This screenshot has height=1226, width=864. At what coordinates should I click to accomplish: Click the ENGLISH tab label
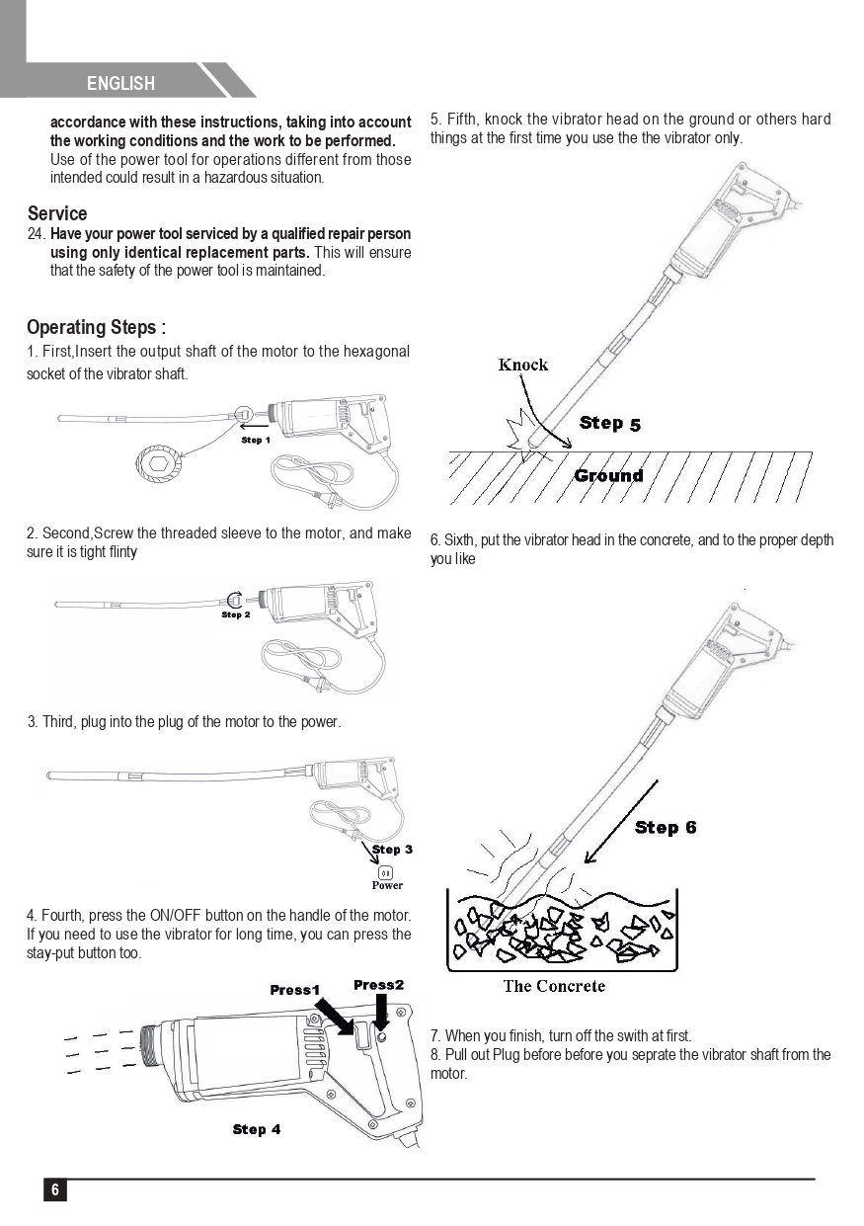point(120,84)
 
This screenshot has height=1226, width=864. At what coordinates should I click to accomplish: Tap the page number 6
point(55,1189)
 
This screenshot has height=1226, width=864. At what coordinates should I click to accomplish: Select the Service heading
point(57,213)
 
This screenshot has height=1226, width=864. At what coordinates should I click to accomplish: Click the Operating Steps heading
point(96,327)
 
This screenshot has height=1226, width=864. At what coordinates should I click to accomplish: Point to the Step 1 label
point(256,440)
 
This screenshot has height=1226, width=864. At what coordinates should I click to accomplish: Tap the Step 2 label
point(235,614)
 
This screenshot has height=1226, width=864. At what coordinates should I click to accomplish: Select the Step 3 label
point(392,849)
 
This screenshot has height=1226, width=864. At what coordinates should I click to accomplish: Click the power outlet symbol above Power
point(386,871)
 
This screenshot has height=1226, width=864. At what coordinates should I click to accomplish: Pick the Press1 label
point(295,990)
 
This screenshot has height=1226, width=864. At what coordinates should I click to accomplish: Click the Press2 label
point(379,985)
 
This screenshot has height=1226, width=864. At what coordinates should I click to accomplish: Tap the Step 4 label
point(257,1129)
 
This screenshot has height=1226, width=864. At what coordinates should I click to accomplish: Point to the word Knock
point(523,365)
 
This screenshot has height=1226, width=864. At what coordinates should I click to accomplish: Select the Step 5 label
point(610,423)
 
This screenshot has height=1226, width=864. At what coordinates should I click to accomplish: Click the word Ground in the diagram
point(608,475)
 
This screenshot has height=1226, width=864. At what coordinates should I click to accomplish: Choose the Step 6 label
point(666,827)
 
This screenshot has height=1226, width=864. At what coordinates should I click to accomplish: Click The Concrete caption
point(554,985)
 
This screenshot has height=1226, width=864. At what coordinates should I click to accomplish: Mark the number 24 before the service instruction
point(37,234)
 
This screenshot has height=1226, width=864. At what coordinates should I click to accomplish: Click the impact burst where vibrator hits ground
point(520,436)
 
